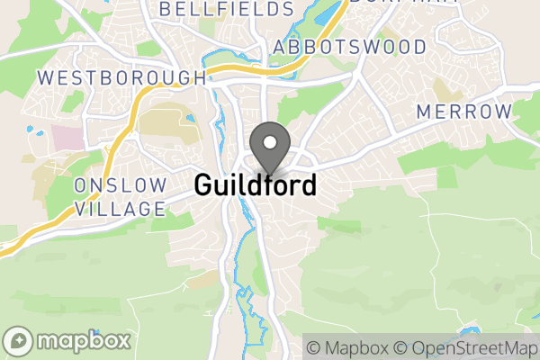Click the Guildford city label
(x=256, y=185)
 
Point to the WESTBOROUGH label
(x=122, y=77)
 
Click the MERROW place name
(x=464, y=112)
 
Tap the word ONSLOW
(x=121, y=185)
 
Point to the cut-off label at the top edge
(x=382, y=3)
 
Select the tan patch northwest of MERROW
(x=443, y=90)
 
